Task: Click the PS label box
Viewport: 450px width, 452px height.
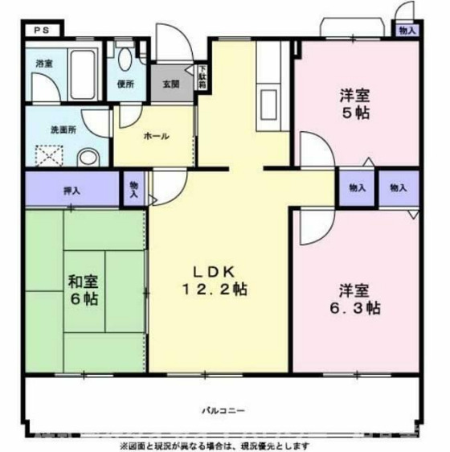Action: (x=39, y=31)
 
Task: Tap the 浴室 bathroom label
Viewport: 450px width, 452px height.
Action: (x=44, y=63)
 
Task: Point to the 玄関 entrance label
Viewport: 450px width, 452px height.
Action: (x=171, y=84)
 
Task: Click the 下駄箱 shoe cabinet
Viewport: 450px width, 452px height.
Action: (x=202, y=77)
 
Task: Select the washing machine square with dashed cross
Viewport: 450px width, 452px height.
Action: (x=52, y=152)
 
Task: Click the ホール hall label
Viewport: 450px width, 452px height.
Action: (x=155, y=136)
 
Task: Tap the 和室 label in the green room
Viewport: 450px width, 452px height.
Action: (x=83, y=281)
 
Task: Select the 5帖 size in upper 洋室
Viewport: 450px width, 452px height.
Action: (x=354, y=113)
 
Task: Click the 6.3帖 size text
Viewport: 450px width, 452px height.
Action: (x=354, y=308)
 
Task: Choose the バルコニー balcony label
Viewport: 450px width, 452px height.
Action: (x=223, y=410)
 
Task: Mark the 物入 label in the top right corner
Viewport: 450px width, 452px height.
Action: (x=407, y=31)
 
